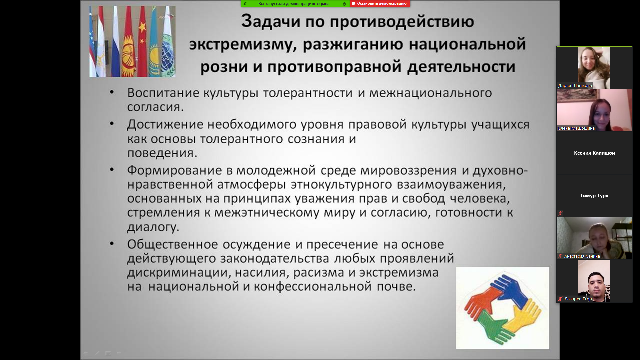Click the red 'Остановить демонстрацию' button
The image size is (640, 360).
point(380,4)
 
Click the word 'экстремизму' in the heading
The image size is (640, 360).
point(242,45)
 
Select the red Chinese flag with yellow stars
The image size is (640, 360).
point(142,42)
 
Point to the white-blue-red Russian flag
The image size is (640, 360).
point(115,42)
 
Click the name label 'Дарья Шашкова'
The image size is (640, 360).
point(575,86)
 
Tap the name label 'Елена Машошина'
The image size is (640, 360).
point(576,128)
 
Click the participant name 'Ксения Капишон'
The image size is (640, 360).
point(594,153)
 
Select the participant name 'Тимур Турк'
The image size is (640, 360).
point(594,196)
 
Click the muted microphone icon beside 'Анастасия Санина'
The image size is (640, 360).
point(560,256)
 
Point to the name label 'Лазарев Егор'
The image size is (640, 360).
point(578,299)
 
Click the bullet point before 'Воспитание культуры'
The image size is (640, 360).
point(112,92)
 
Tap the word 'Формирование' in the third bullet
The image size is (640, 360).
point(174,170)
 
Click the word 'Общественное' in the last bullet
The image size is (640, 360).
point(172,244)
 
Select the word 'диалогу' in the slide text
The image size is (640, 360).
point(153,227)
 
